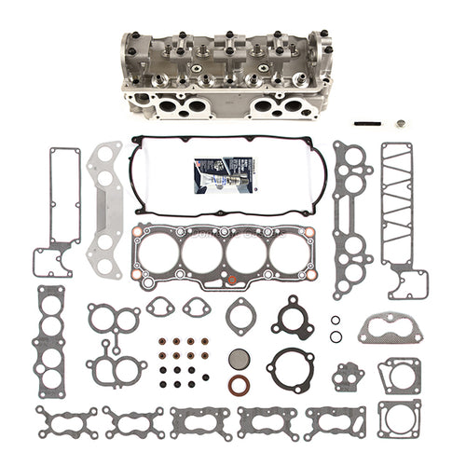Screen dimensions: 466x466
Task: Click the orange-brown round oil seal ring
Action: coord(240,384)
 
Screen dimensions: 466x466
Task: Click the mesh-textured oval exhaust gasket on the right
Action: coord(391,327)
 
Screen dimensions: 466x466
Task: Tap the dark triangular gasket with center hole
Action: coord(292,317)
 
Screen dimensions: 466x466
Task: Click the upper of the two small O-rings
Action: coord(336,320)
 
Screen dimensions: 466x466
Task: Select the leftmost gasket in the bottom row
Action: coord(67,421)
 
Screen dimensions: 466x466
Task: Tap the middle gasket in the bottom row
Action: coord(199,421)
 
